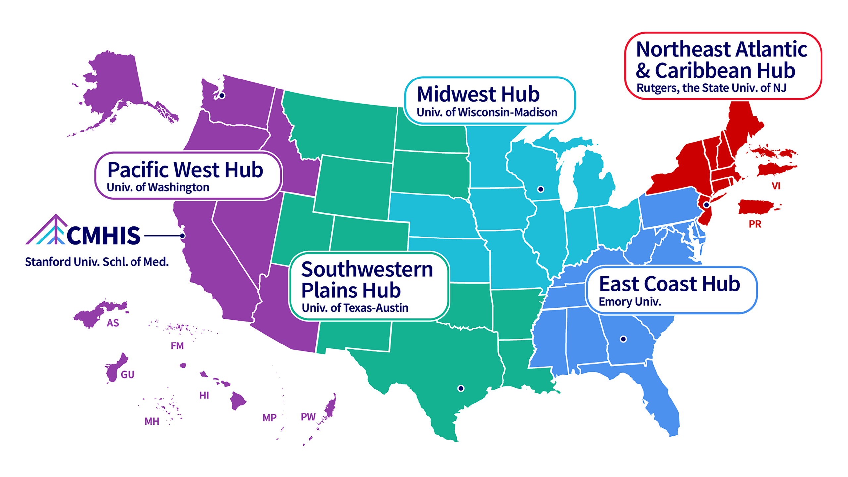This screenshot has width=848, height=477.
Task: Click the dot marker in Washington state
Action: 222,96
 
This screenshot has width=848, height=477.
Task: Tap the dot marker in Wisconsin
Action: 541,189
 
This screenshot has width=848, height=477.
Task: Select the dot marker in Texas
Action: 461,388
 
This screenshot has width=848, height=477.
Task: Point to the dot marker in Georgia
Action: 623,339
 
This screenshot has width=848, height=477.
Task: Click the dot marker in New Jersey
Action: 706,205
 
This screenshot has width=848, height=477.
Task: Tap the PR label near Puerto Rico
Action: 755,224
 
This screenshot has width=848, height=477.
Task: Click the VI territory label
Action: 776,186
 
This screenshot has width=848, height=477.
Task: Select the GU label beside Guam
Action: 128,375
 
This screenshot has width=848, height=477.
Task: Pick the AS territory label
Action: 113,323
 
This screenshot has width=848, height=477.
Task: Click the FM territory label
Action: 177,346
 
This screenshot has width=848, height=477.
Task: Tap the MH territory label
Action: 152,421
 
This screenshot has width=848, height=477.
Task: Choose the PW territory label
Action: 308,417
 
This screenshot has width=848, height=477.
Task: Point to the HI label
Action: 204,395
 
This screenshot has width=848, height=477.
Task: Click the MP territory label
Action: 269,418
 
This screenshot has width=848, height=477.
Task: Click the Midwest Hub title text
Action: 478,94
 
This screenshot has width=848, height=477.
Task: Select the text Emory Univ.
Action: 629,302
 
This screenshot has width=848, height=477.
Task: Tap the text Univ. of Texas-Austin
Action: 355,308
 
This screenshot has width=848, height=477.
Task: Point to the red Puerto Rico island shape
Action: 757,207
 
